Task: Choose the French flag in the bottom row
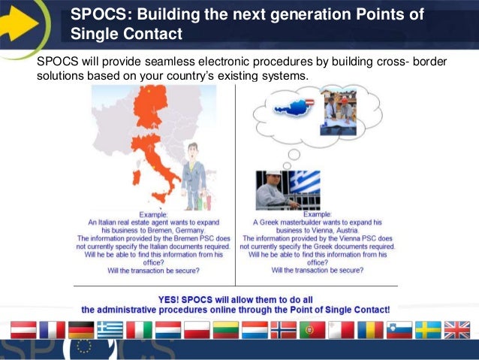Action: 53,330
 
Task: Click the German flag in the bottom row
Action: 80,330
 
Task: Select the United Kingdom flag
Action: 456,330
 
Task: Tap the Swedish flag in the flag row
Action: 429,330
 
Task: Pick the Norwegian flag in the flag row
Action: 283,330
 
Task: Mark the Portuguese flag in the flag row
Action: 312,330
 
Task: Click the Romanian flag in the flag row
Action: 370,330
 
